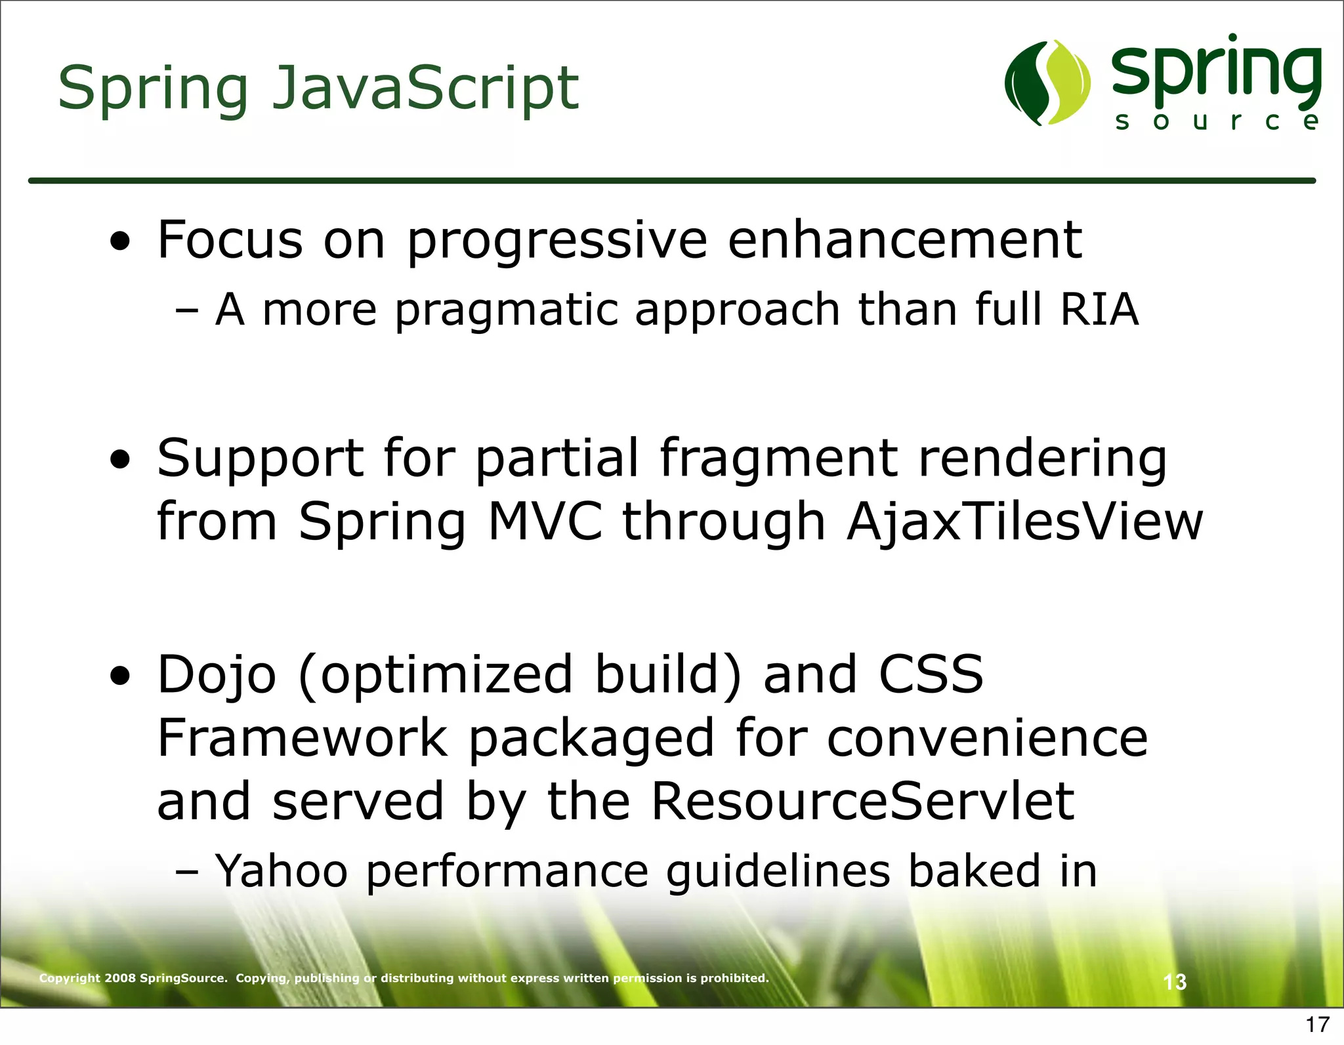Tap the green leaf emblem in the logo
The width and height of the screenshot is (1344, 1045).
[x=1047, y=83]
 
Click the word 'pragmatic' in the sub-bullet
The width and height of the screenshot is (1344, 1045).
[x=506, y=310]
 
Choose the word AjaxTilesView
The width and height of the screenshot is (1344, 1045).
[x=1024, y=522]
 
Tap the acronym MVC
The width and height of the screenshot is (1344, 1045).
[x=545, y=522]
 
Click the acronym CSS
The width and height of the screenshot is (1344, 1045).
[x=931, y=674]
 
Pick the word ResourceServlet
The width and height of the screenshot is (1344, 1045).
[x=863, y=802]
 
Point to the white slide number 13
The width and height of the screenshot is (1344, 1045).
[x=1175, y=982]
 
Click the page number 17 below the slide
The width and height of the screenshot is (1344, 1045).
[x=1317, y=1024]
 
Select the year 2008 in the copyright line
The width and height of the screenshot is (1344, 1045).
[x=120, y=978]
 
